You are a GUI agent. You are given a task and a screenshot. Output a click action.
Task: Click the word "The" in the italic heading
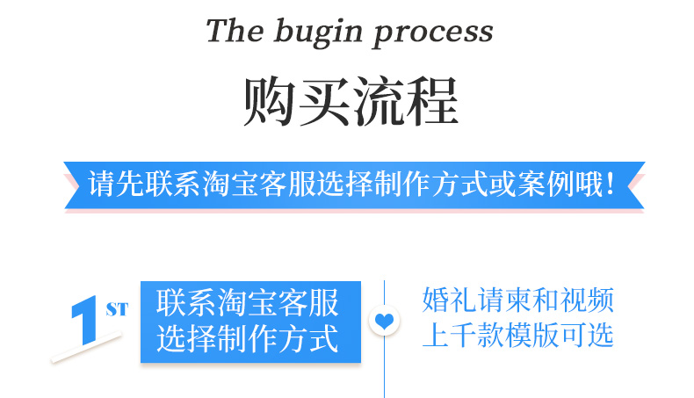click(x=235, y=32)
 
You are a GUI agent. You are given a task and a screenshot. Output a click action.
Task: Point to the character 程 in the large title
click(x=431, y=103)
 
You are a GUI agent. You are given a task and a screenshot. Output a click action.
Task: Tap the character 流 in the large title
click(x=378, y=103)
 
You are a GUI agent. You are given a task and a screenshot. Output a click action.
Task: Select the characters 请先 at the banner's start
click(x=112, y=185)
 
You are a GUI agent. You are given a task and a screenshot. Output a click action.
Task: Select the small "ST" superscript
click(x=116, y=309)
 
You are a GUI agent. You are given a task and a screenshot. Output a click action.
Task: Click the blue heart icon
click(x=384, y=322)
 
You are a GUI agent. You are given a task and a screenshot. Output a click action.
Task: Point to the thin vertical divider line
click(x=385, y=369)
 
